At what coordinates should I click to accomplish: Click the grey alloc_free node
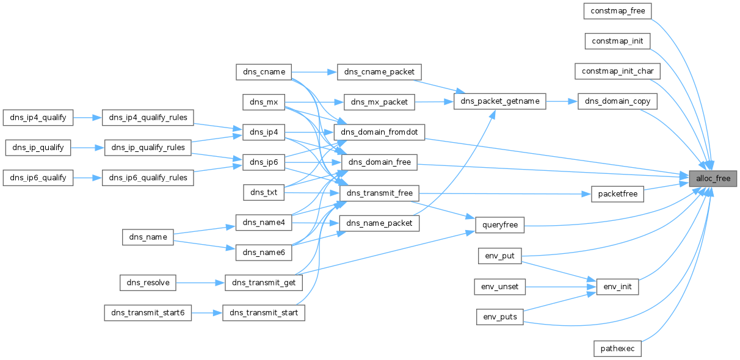[713, 179]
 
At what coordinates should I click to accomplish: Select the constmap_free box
[617, 11]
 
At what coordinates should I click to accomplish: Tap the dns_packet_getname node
[500, 101]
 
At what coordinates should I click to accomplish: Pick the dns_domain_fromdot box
[379, 132]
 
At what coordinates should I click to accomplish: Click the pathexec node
[617, 349]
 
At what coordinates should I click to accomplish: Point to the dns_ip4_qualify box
[38, 118]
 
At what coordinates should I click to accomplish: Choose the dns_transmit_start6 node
[148, 313]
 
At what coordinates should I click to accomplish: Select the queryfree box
[500, 225]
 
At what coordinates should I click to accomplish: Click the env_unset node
[500, 287]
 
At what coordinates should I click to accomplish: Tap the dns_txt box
[264, 192]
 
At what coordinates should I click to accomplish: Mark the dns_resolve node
[148, 283]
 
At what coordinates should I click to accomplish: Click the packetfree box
[617, 194]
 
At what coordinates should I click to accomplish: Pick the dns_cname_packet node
[379, 72]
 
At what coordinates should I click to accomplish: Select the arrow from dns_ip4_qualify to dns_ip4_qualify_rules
[87, 118]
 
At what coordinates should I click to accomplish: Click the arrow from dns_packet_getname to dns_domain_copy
[562, 101]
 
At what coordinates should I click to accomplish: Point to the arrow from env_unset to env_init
[561, 287]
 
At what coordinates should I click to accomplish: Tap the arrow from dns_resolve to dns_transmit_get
[200, 283]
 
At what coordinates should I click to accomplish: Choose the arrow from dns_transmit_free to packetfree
[505, 193]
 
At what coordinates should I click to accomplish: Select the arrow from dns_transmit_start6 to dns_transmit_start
[207, 313]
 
